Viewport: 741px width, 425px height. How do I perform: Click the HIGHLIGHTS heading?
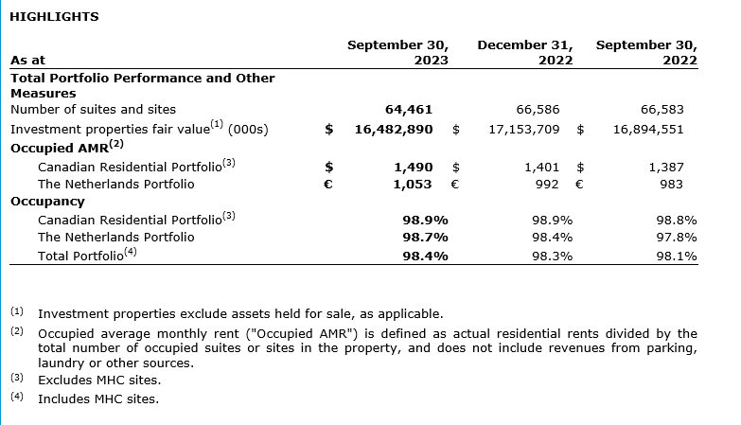pos(54,16)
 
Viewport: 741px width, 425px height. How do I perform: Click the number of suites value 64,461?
pos(409,110)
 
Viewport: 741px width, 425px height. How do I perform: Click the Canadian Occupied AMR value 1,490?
pos(413,167)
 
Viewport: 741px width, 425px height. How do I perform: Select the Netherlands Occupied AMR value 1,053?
pos(413,184)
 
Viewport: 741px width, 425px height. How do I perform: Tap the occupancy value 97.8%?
pos(677,237)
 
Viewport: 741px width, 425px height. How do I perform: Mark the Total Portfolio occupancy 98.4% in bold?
pos(425,256)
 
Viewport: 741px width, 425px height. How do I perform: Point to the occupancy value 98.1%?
pos(677,256)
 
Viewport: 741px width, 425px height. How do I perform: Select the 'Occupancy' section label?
pos(47,201)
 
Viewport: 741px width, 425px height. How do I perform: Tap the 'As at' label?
pos(27,60)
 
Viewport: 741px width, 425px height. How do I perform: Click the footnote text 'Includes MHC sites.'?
pos(98,398)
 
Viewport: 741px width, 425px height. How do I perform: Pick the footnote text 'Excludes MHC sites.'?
pos(99,380)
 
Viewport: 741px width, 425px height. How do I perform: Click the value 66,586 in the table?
pos(540,110)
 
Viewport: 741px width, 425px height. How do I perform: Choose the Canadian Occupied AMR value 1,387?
pos(666,167)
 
